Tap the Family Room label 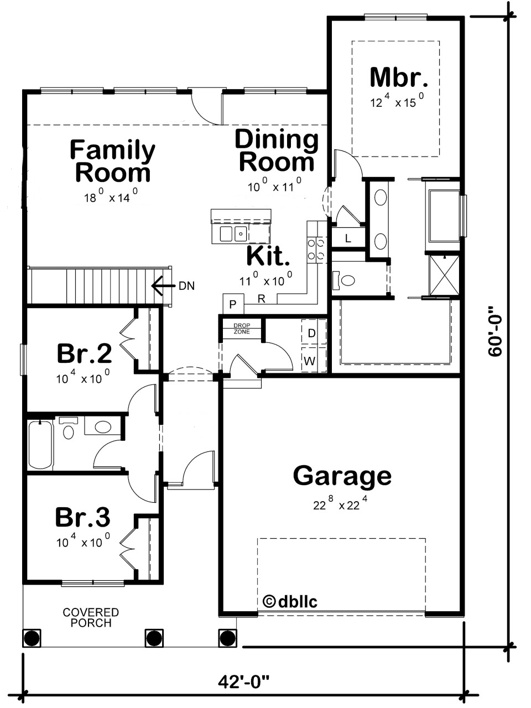pyautogui.click(x=112, y=161)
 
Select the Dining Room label pyautogui.click(x=277, y=150)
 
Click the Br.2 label pyautogui.click(x=85, y=353)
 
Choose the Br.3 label pyautogui.click(x=83, y=517)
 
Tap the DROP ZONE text pyautogui.click(x=242, y=329)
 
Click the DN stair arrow pyautogui.click(x=161, y=286)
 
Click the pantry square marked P pyautogui.click(x=233, y=304)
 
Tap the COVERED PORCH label pyautogui.click(x=91, y=618)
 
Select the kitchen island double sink pyautogui.click(x=233, y=233)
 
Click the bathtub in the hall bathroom pyautogui.click(x=40, y=445)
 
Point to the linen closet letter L pyautogui.click(x=348, y=239)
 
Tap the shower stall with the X pyautogui.click(x=444, y=275)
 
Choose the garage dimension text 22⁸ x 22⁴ pyautogui.click(x=341, y=504)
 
